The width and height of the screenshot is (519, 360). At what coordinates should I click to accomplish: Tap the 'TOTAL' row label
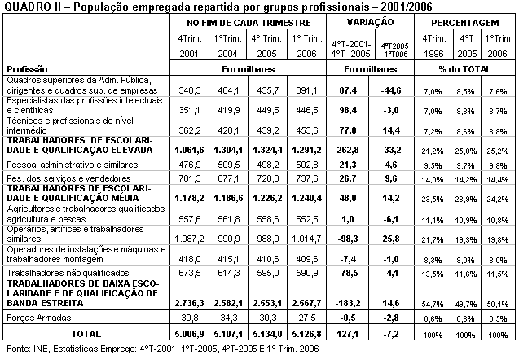pyautogui.click(x=86, y=334)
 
